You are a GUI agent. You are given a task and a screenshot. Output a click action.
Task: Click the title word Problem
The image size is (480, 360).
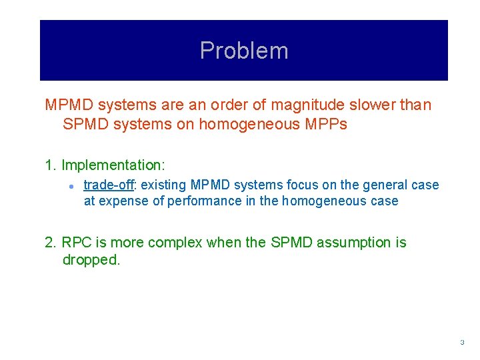[244, 51]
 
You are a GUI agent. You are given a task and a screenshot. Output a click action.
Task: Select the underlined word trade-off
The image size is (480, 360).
[109, 185]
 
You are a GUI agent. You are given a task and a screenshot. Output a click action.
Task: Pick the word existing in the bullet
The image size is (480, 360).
[164, 185]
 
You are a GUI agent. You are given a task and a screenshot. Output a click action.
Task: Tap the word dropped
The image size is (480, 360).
[90, 260]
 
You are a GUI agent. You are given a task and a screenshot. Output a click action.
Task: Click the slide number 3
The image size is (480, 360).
[461, 342]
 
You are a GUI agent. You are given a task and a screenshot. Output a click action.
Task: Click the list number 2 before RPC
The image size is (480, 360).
[49, 243]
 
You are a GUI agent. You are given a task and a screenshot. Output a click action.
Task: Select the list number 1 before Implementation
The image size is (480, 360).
[49, 165]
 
